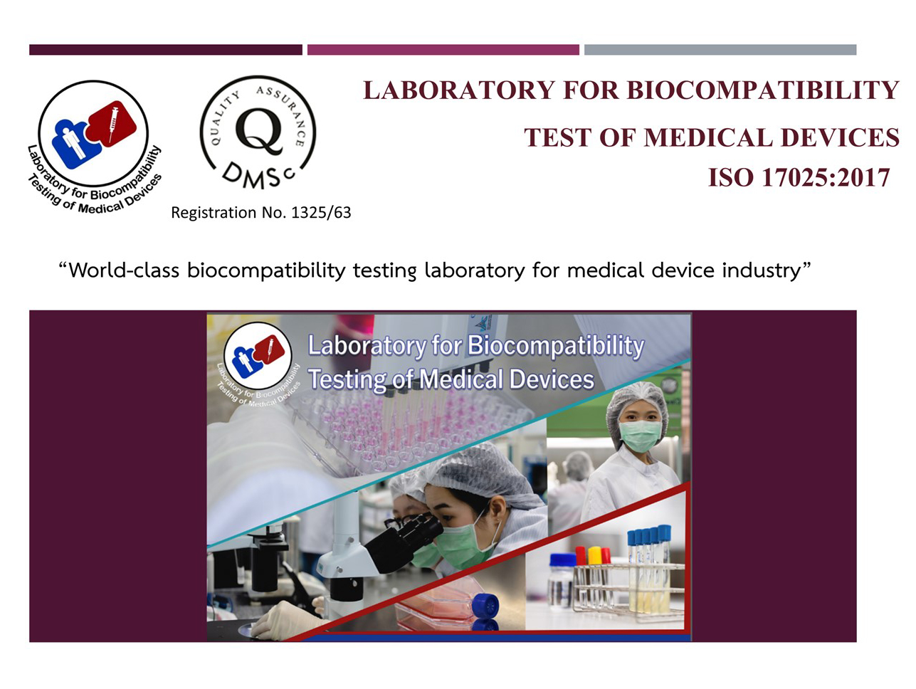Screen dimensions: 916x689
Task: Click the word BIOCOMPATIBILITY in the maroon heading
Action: pos(762,90)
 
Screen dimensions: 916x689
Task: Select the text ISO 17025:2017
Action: pos(799,177)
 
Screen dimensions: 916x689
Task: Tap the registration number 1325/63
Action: pos(321,213)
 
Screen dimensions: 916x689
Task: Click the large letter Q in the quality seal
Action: pos(259,131)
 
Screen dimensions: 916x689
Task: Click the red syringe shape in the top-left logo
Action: pos(112,122)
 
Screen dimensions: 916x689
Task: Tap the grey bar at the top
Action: pos(720,50)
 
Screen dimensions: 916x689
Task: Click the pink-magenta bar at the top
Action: pos(443,50)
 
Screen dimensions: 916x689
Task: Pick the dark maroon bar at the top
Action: pos(166,50)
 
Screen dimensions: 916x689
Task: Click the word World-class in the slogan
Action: pos(124,270)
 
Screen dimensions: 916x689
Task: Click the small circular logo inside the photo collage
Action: pos(258,356)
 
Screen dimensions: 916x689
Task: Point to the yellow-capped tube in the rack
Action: pos(594,555)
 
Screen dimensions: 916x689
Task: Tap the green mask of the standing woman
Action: pos(640,436)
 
